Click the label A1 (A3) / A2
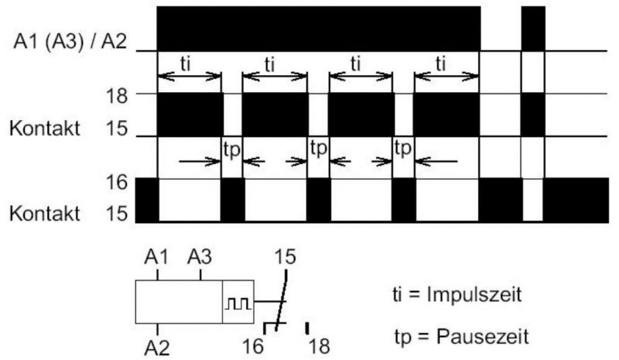click(70, 42)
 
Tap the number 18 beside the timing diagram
click(117, 96)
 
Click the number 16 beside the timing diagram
click(117, 182)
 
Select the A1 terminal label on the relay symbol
click(156, 257)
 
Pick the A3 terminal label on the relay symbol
click(200, 257)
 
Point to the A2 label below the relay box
click(157, 348)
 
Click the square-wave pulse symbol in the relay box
click(238, 303)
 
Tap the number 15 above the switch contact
click(285, 257)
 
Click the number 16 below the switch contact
click(253, 347)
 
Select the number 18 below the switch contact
click(319, 347)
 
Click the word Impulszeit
click(474, 295)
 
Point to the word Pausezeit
click(482, 337)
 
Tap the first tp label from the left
click(231, 150)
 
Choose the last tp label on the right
click(402, 149)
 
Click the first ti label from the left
click(185, 64)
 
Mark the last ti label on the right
click(440, 64)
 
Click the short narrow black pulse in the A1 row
click(533, 29)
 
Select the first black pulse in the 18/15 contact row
click(190, 115)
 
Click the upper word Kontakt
click(45, 129)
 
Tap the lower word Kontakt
click(45, 214)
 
